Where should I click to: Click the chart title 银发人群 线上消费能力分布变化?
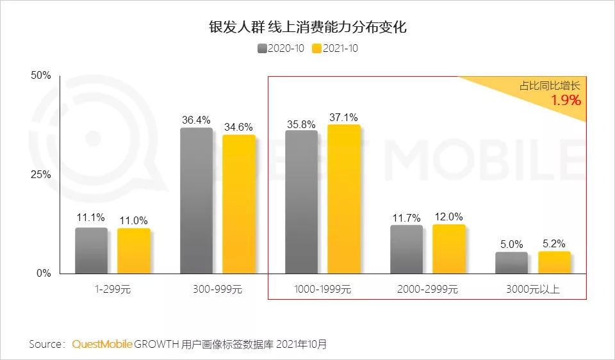pyautogui.click(x=307, y=28)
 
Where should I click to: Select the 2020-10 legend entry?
pyautogui.click(x=281, y=49)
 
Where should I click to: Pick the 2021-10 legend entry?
pyautogui.click(x=335, y=49)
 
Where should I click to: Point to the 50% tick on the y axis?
pyautogui.click(x=41, y=76)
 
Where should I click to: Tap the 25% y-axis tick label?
pyautogui.click(x=41, y=175)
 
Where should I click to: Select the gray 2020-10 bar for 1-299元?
pyautogui.click(x=91, y=250)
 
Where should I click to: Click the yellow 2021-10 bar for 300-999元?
pyautogui.click(x=239, y=204)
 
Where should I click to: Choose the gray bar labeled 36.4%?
pyautogui.click(x=196, y=200)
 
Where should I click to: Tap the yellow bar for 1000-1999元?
pyautogui.click(x=344, y=199)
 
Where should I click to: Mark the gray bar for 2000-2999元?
pyautogui.click(x=406, y=249)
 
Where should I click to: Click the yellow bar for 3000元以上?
pyautogui.click(x=554, y=262)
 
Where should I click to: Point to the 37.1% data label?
pyautogui.click(x=343, y=117)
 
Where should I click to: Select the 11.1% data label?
pyautogui.click(x=91, y=218)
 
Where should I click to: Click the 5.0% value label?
pyautogui.click(x=512, y=244)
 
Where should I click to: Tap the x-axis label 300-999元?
pyautogui.click(x=217, y=290)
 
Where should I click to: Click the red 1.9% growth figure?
pyautogui.click(x=566, y=100)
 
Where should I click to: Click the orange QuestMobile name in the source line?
pyautogui.click(x=102, y=344)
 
